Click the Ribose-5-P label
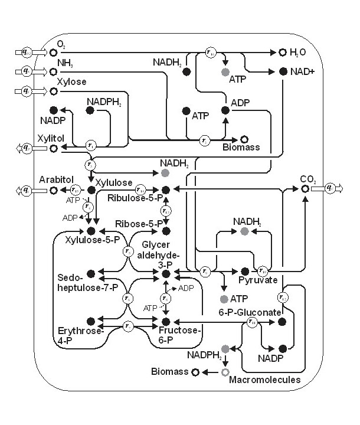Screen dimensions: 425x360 pos(136,224)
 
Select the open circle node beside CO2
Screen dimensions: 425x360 pos(305,189)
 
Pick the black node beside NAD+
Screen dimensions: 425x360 pos(283,71)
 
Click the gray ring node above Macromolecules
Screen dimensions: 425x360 pos(224,372)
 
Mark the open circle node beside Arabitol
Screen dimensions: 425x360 pos(54,190)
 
